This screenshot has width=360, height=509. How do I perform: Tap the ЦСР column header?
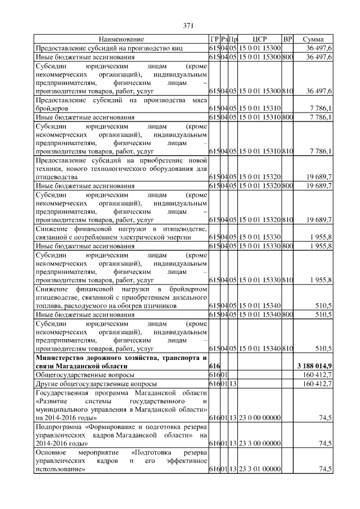tap(259, 39)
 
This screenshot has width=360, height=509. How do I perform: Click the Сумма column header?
tap(312, 39)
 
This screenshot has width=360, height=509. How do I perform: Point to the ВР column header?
tap(287, 39)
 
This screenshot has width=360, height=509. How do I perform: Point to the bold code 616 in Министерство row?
tap(214, 366)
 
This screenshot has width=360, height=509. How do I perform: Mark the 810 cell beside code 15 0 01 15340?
tap(287, 348)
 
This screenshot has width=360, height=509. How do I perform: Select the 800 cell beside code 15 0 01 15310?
tap(287, 117)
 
